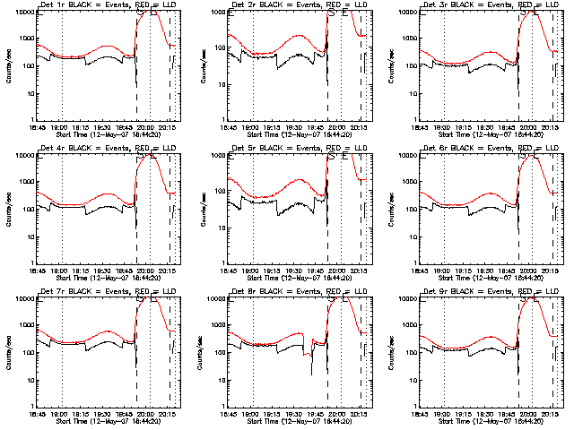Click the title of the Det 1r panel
[107, 5]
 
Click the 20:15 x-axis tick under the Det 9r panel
[549, 414]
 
